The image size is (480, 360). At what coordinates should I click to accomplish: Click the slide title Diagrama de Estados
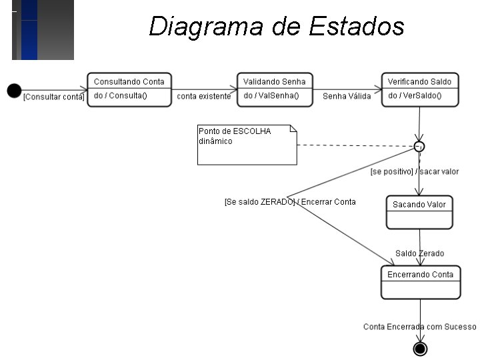tap(277, 27)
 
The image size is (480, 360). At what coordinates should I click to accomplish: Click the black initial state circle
tap(14, 90)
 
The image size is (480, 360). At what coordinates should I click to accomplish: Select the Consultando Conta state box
tap(129, 89)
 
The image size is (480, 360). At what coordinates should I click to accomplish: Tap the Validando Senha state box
tap(275, 89)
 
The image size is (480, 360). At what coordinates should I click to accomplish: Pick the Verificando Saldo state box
tap(419, 89)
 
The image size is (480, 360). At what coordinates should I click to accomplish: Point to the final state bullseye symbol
tap(420, 349)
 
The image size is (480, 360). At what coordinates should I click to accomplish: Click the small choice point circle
tap(419, 146)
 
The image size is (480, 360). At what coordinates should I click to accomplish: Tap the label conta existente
tap(204, 97)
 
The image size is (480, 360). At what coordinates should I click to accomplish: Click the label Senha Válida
tap(347, 97)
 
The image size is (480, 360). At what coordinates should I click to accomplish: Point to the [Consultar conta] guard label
tap(53, 97)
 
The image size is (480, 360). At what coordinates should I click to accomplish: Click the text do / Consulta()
tap(120, 96)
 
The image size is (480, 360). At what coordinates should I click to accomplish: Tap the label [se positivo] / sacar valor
tap(415, 172)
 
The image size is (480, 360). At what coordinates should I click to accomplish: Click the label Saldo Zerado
tap(419, 253)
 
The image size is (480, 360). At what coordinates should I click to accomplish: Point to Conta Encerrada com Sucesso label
tap(420, 327)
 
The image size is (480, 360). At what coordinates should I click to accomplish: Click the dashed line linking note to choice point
tap(353, 145)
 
